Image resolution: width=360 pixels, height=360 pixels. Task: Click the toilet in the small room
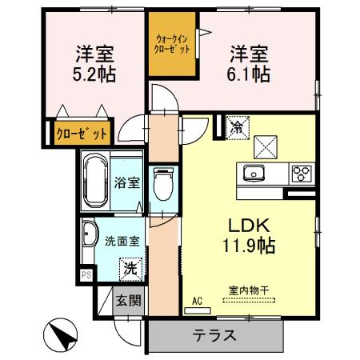(x=162, y=183)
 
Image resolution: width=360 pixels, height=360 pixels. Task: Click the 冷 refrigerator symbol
(x=238, y=126)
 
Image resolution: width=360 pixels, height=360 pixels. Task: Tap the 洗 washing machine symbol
(x=130, y=268)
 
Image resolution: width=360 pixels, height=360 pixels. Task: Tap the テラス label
(x=214, y=335)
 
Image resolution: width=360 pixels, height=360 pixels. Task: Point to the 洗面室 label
(x=121, y=240)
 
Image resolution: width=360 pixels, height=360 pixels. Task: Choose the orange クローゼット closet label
(x=81, y=133)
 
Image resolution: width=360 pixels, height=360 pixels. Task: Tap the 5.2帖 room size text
(x=94, y=75)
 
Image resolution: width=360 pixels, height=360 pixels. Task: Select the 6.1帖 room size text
(x=250, y=75)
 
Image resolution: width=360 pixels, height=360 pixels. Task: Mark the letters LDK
(x=248, y=226)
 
